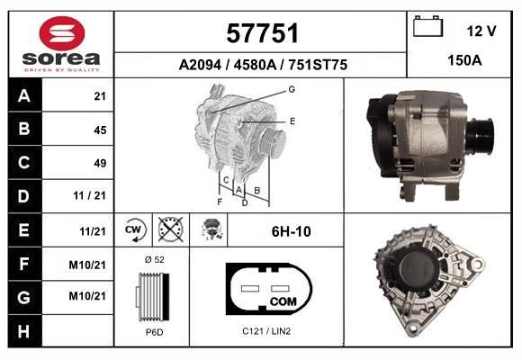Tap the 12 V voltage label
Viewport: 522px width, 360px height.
(x=481, y=31)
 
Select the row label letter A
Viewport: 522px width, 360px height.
(x=23, y=96)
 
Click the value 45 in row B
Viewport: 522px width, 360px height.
(x=100, y=130)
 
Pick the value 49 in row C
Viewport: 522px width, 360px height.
(x=100, y=163)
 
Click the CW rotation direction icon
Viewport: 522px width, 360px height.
(x=134, y=230)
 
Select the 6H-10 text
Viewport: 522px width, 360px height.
(x=291, y=231)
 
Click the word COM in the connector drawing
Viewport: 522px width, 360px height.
(x=283, y=300)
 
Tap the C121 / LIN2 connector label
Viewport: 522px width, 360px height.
(x=266, y=331)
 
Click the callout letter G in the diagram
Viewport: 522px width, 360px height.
(x=292, y=89)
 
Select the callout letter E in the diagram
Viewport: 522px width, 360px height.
(x=292, y=120)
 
